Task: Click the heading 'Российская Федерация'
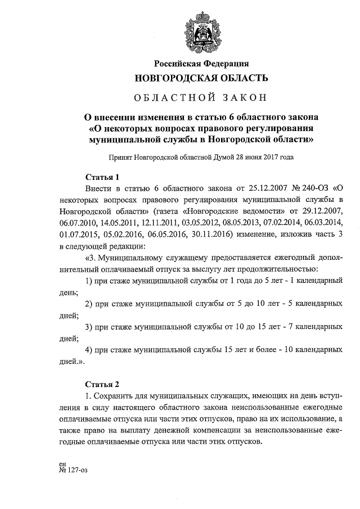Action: tap(201, 64)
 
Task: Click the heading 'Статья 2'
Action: tap(102, 385)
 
